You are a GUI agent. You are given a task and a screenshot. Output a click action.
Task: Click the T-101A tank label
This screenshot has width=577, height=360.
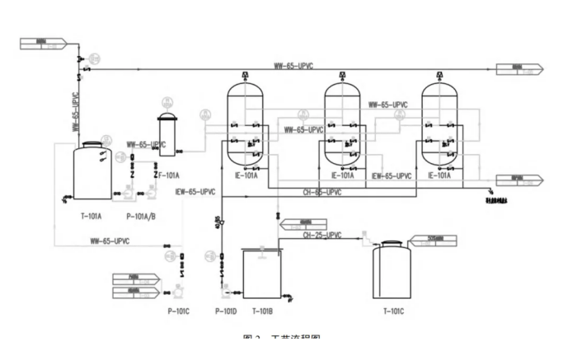coord(91,216)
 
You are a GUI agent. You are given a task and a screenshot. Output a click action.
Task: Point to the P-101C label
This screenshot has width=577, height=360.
coord(177,311)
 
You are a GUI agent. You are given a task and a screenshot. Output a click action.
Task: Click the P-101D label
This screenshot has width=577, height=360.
coord(226,311)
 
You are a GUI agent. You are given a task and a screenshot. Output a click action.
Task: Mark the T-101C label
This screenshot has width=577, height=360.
coord(395,311)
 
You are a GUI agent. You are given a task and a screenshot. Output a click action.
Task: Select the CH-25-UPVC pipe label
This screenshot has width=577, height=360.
coord(322,236)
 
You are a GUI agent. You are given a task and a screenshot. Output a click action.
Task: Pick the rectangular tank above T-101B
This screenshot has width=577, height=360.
coord(260,272)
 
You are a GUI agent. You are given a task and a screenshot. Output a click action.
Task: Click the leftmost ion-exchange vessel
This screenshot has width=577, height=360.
coord(245,124)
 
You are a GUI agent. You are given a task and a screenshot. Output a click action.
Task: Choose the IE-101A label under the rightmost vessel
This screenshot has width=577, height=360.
coord(439,175)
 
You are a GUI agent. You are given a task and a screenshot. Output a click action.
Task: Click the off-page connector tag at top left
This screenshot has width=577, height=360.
coord(36,41)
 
